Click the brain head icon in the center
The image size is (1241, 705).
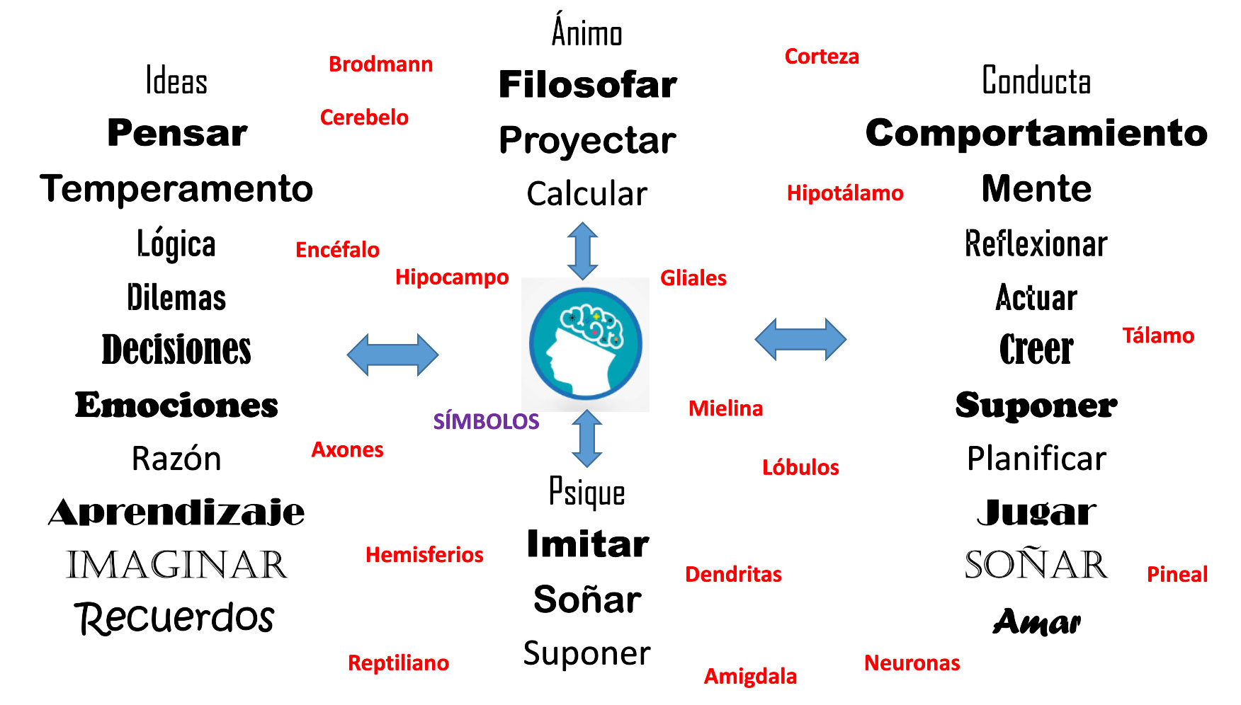click(586, 345)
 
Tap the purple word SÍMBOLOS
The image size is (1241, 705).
click(486, 421)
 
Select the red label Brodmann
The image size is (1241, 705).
click(380, 64)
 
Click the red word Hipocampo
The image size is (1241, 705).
click(452, 277)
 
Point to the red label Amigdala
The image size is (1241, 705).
click(750, 676)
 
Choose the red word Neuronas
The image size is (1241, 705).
click(912, 663)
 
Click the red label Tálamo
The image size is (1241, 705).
click(1158, 336)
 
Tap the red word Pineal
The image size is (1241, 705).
click(1177, 574)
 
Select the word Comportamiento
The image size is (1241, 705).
click(1036, 133)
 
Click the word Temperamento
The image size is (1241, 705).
click(176, 189)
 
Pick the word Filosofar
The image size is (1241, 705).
click(588, 85)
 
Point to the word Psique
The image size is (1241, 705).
click(587, 493)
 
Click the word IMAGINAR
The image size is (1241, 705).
click(176, 565)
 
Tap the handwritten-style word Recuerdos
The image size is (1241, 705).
click(174, 617)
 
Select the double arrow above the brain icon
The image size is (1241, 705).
click(583, 251)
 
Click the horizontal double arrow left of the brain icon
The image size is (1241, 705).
click(392, 355)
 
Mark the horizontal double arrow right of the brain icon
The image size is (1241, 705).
click(800, 339)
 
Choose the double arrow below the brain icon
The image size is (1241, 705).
click(586, 438)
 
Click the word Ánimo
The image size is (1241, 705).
click(587, 32)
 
